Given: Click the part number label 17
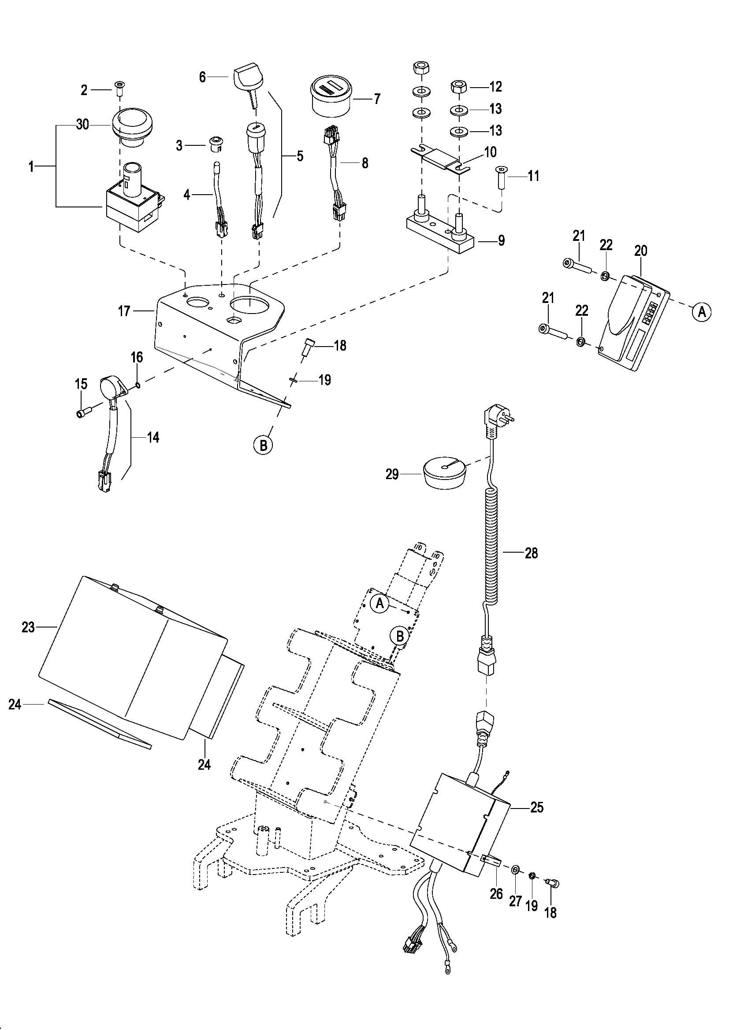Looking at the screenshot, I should coord(124,311).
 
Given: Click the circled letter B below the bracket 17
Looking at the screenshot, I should coord(264,445).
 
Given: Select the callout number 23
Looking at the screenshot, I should coord(28,627).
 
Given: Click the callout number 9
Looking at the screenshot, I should coord(501,240).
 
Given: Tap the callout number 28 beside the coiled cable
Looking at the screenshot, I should coord(531,553).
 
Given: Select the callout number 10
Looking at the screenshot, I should coord(491,152).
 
